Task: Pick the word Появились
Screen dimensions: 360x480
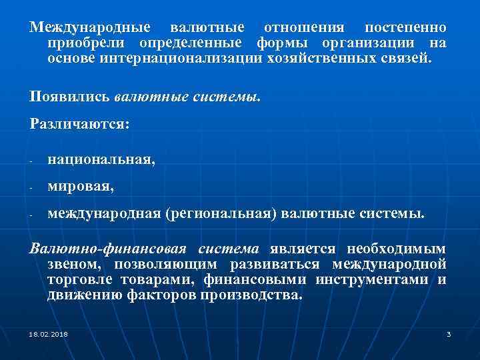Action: pos(69,96)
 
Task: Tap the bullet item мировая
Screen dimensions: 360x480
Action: pos(81,188)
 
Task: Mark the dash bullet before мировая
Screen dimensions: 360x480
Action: pos(31,189)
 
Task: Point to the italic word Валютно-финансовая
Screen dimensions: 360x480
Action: pos(107,249)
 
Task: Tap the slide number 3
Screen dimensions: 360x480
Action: pos(449,333)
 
